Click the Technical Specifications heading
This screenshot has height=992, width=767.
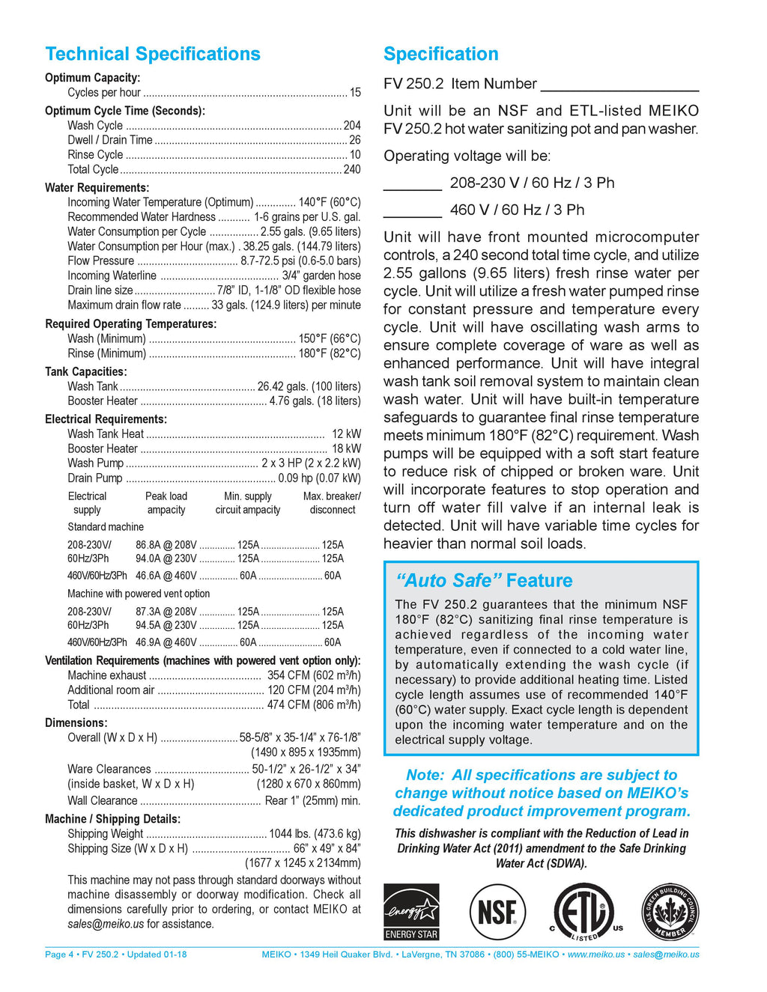[153, 54]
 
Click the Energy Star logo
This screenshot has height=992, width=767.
[411, 911]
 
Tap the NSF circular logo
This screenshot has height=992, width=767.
[497, 912]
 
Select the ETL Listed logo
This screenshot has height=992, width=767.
[585, 912]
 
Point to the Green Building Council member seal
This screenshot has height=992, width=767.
[670, 911]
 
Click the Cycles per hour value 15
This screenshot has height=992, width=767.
[355, 93]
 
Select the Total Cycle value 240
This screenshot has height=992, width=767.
[352, 169]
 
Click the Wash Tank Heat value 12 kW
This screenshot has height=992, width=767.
[346, 433]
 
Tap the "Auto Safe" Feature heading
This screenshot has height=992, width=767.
[484, 580]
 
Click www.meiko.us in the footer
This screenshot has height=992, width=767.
[595, 955]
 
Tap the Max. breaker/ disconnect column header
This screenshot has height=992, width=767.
[332, 503]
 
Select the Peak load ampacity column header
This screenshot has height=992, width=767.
[166, 503]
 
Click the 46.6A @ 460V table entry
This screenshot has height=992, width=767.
[166, 576]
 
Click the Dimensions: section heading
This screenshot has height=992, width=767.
[76, 722]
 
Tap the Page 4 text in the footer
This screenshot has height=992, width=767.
[59, 955]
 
